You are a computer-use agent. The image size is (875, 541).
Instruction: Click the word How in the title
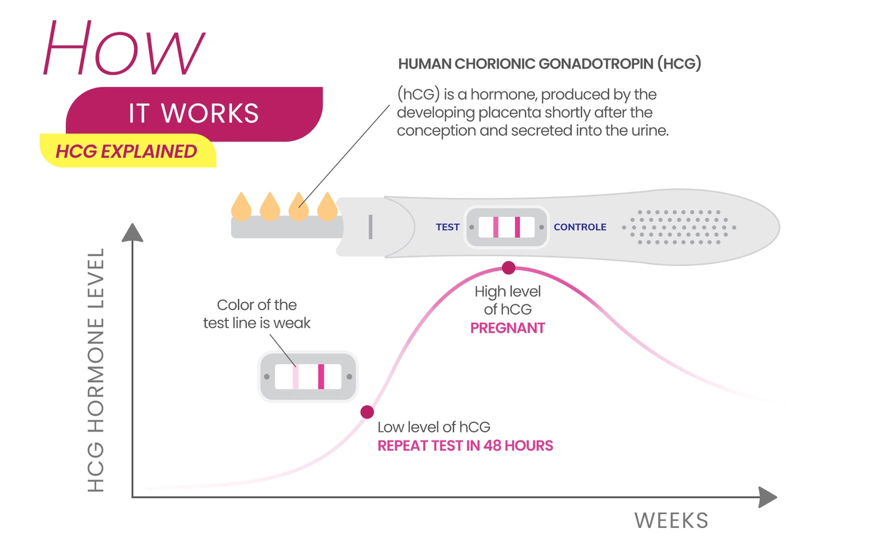tap(124, 48)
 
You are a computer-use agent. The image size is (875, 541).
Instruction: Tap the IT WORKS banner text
tap(194, 114)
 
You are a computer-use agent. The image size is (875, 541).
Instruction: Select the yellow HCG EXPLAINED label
tap(127, 151)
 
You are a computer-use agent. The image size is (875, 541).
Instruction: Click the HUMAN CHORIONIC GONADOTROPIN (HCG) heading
tap(550, 64)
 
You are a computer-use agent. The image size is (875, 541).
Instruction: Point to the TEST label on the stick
tap(448, 227)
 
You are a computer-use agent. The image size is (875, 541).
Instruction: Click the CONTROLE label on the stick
tap(580, 227)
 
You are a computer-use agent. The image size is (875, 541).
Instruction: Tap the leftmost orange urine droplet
tap(241, 207)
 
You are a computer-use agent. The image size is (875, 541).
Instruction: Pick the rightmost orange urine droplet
tap(328, 207)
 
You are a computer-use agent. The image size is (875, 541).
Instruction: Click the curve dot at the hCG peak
tap(509, 268)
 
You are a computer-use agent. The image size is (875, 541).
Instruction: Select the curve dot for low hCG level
tap(367, 412)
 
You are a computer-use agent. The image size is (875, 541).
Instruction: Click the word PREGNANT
tap(507, 328)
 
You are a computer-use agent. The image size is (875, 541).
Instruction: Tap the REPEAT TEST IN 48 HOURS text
tap(465, 446)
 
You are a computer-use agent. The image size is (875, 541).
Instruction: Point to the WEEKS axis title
tap(671, 521)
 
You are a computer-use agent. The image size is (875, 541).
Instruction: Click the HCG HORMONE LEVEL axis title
tap(96, 370)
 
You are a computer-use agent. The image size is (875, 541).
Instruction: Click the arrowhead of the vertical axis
tap(133, 233)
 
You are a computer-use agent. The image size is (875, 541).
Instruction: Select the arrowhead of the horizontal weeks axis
tap(767, 497)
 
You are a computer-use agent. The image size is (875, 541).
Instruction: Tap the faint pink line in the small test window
tap(296, 377)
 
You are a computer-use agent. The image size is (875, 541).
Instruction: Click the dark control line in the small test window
tap(321, 377)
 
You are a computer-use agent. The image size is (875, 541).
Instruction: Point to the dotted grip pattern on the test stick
tap(680, 227)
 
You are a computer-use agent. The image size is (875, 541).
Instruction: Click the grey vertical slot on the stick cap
tap(371, 227)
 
